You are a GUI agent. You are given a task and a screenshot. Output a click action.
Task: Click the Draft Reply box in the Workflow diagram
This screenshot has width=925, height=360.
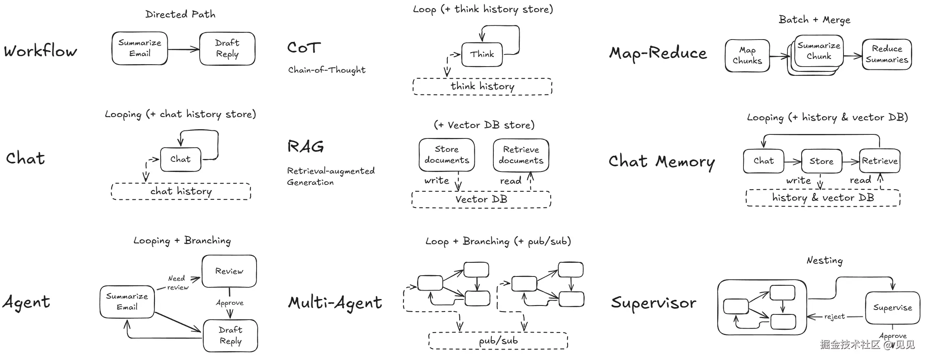(x=227, y=48)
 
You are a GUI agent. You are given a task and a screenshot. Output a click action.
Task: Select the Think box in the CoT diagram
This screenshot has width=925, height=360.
(x=482, y=54)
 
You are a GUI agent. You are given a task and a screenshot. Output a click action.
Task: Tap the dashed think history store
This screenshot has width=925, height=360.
(x=482, y=86)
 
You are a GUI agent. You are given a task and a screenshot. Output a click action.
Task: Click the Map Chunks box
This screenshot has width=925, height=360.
(x=747, y=56)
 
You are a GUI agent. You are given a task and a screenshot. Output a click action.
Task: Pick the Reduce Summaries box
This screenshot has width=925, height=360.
(x=887, y=54)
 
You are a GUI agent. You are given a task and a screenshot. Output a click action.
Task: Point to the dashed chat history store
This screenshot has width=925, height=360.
(x=181, y=191)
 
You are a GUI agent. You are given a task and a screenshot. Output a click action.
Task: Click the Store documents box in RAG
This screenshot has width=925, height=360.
(x=447, y=155)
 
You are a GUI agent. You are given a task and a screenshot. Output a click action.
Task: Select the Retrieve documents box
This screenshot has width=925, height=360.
(x=521, y=155)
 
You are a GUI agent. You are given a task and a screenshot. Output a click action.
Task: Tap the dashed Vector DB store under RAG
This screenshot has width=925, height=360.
(x=481, y=199)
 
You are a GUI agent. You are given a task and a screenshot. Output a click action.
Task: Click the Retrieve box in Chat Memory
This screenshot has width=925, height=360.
(x=879, y=161)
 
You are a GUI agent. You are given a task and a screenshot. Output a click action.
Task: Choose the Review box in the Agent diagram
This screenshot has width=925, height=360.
(x=229, y=271)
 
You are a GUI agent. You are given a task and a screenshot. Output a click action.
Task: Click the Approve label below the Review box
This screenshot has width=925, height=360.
(x=230, y=303)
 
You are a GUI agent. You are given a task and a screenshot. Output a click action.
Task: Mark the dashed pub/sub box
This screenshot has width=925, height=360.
(x=498, y=341)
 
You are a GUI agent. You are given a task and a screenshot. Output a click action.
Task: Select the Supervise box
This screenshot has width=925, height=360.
(x=892, y=308)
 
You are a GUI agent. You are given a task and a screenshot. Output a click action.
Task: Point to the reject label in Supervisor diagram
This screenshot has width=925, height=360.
(x=834, y=317)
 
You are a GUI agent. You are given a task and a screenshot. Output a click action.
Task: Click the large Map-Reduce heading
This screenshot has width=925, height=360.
(x=658, y=53)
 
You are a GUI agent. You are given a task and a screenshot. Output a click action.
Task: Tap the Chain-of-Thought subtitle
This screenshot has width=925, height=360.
(x=327, y=70)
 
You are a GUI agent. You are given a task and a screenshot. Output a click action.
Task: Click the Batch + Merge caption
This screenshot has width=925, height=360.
(x=814, y=20)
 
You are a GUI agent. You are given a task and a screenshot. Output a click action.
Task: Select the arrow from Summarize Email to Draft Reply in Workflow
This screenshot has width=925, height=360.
(x=183, y=50)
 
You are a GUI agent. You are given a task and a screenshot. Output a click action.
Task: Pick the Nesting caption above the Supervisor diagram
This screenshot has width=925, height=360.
(x=824, y=261)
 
